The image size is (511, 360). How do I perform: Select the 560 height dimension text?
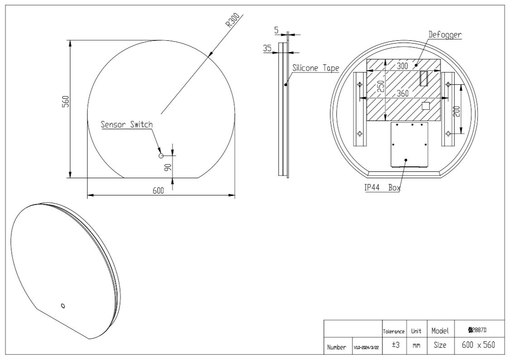point(65,101)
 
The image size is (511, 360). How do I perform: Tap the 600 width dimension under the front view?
point(158,191)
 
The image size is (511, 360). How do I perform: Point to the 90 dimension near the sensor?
point(167,167)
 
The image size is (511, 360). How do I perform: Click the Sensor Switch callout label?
point(127,125)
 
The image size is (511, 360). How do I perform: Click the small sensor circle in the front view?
point(161,156)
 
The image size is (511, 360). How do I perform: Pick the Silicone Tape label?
point(315,68)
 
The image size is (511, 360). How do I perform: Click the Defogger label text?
point(445,34)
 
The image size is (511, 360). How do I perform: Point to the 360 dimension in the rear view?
point(402,93)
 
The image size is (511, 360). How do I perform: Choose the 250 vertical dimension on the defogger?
point(381,86)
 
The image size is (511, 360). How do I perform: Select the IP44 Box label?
point(382,188)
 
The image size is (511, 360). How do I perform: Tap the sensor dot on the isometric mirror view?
point(63,305)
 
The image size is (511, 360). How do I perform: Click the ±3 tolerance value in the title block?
point(395,345)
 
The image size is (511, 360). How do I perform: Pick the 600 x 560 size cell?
point(478,345)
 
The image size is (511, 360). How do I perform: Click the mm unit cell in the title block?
point(416,346)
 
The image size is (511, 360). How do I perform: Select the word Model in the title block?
point(440,331)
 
